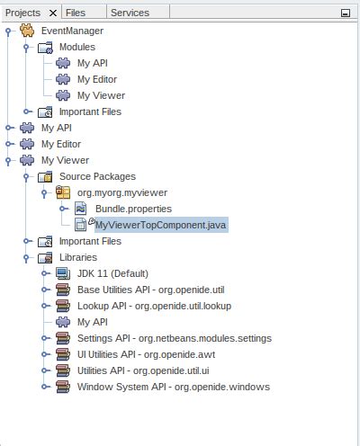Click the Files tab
tap(76, 13)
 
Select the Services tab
tap(130, 13)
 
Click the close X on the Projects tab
tap(52, 13)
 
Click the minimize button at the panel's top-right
tap(346, 13)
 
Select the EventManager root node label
tap(73, 31)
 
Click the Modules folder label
tap(77, 47)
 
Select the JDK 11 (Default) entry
tap(112, 273)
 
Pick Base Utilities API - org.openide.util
tap(149, 290)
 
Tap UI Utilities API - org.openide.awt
tap(148, 354)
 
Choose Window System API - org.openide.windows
tap(173, 387)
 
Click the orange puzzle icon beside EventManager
tap(28, 31)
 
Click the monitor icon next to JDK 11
tap(63, 273)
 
